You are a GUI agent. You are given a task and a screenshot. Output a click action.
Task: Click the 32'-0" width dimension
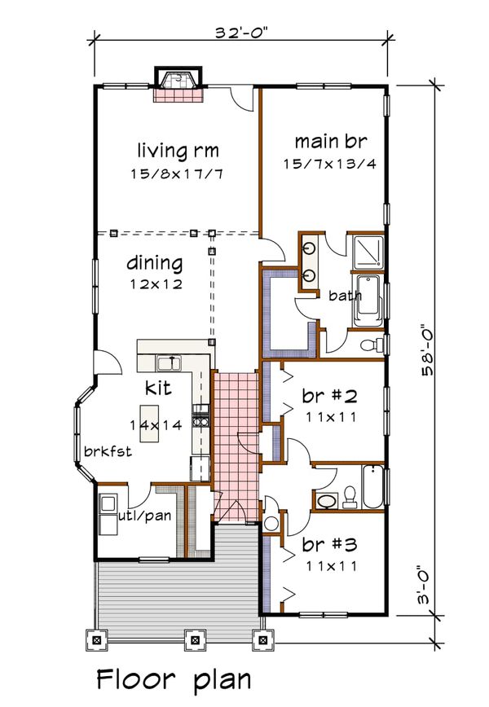tap(241, 33)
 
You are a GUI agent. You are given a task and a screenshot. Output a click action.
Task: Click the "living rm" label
tap(178, 151)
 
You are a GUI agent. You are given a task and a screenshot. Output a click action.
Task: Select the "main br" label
tap(331, 141)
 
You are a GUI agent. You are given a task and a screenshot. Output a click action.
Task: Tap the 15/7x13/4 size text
tap(330, 164)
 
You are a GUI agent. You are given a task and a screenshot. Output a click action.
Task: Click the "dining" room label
tap(155, 263)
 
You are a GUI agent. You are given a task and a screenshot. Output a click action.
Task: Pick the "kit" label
tap(158, 388)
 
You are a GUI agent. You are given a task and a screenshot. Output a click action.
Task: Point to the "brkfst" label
tap(108, 451)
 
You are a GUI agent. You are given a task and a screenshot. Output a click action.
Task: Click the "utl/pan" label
tap(145, 515)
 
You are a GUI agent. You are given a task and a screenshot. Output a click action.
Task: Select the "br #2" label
tap(330, 396)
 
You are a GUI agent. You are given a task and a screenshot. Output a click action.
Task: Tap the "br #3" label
tap(330, 544)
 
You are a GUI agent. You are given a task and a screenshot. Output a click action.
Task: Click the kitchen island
tap(149, 424)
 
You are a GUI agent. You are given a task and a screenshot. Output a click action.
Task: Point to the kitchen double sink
tap(168, 362)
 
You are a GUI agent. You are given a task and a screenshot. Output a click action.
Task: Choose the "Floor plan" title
tap(174, 680)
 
